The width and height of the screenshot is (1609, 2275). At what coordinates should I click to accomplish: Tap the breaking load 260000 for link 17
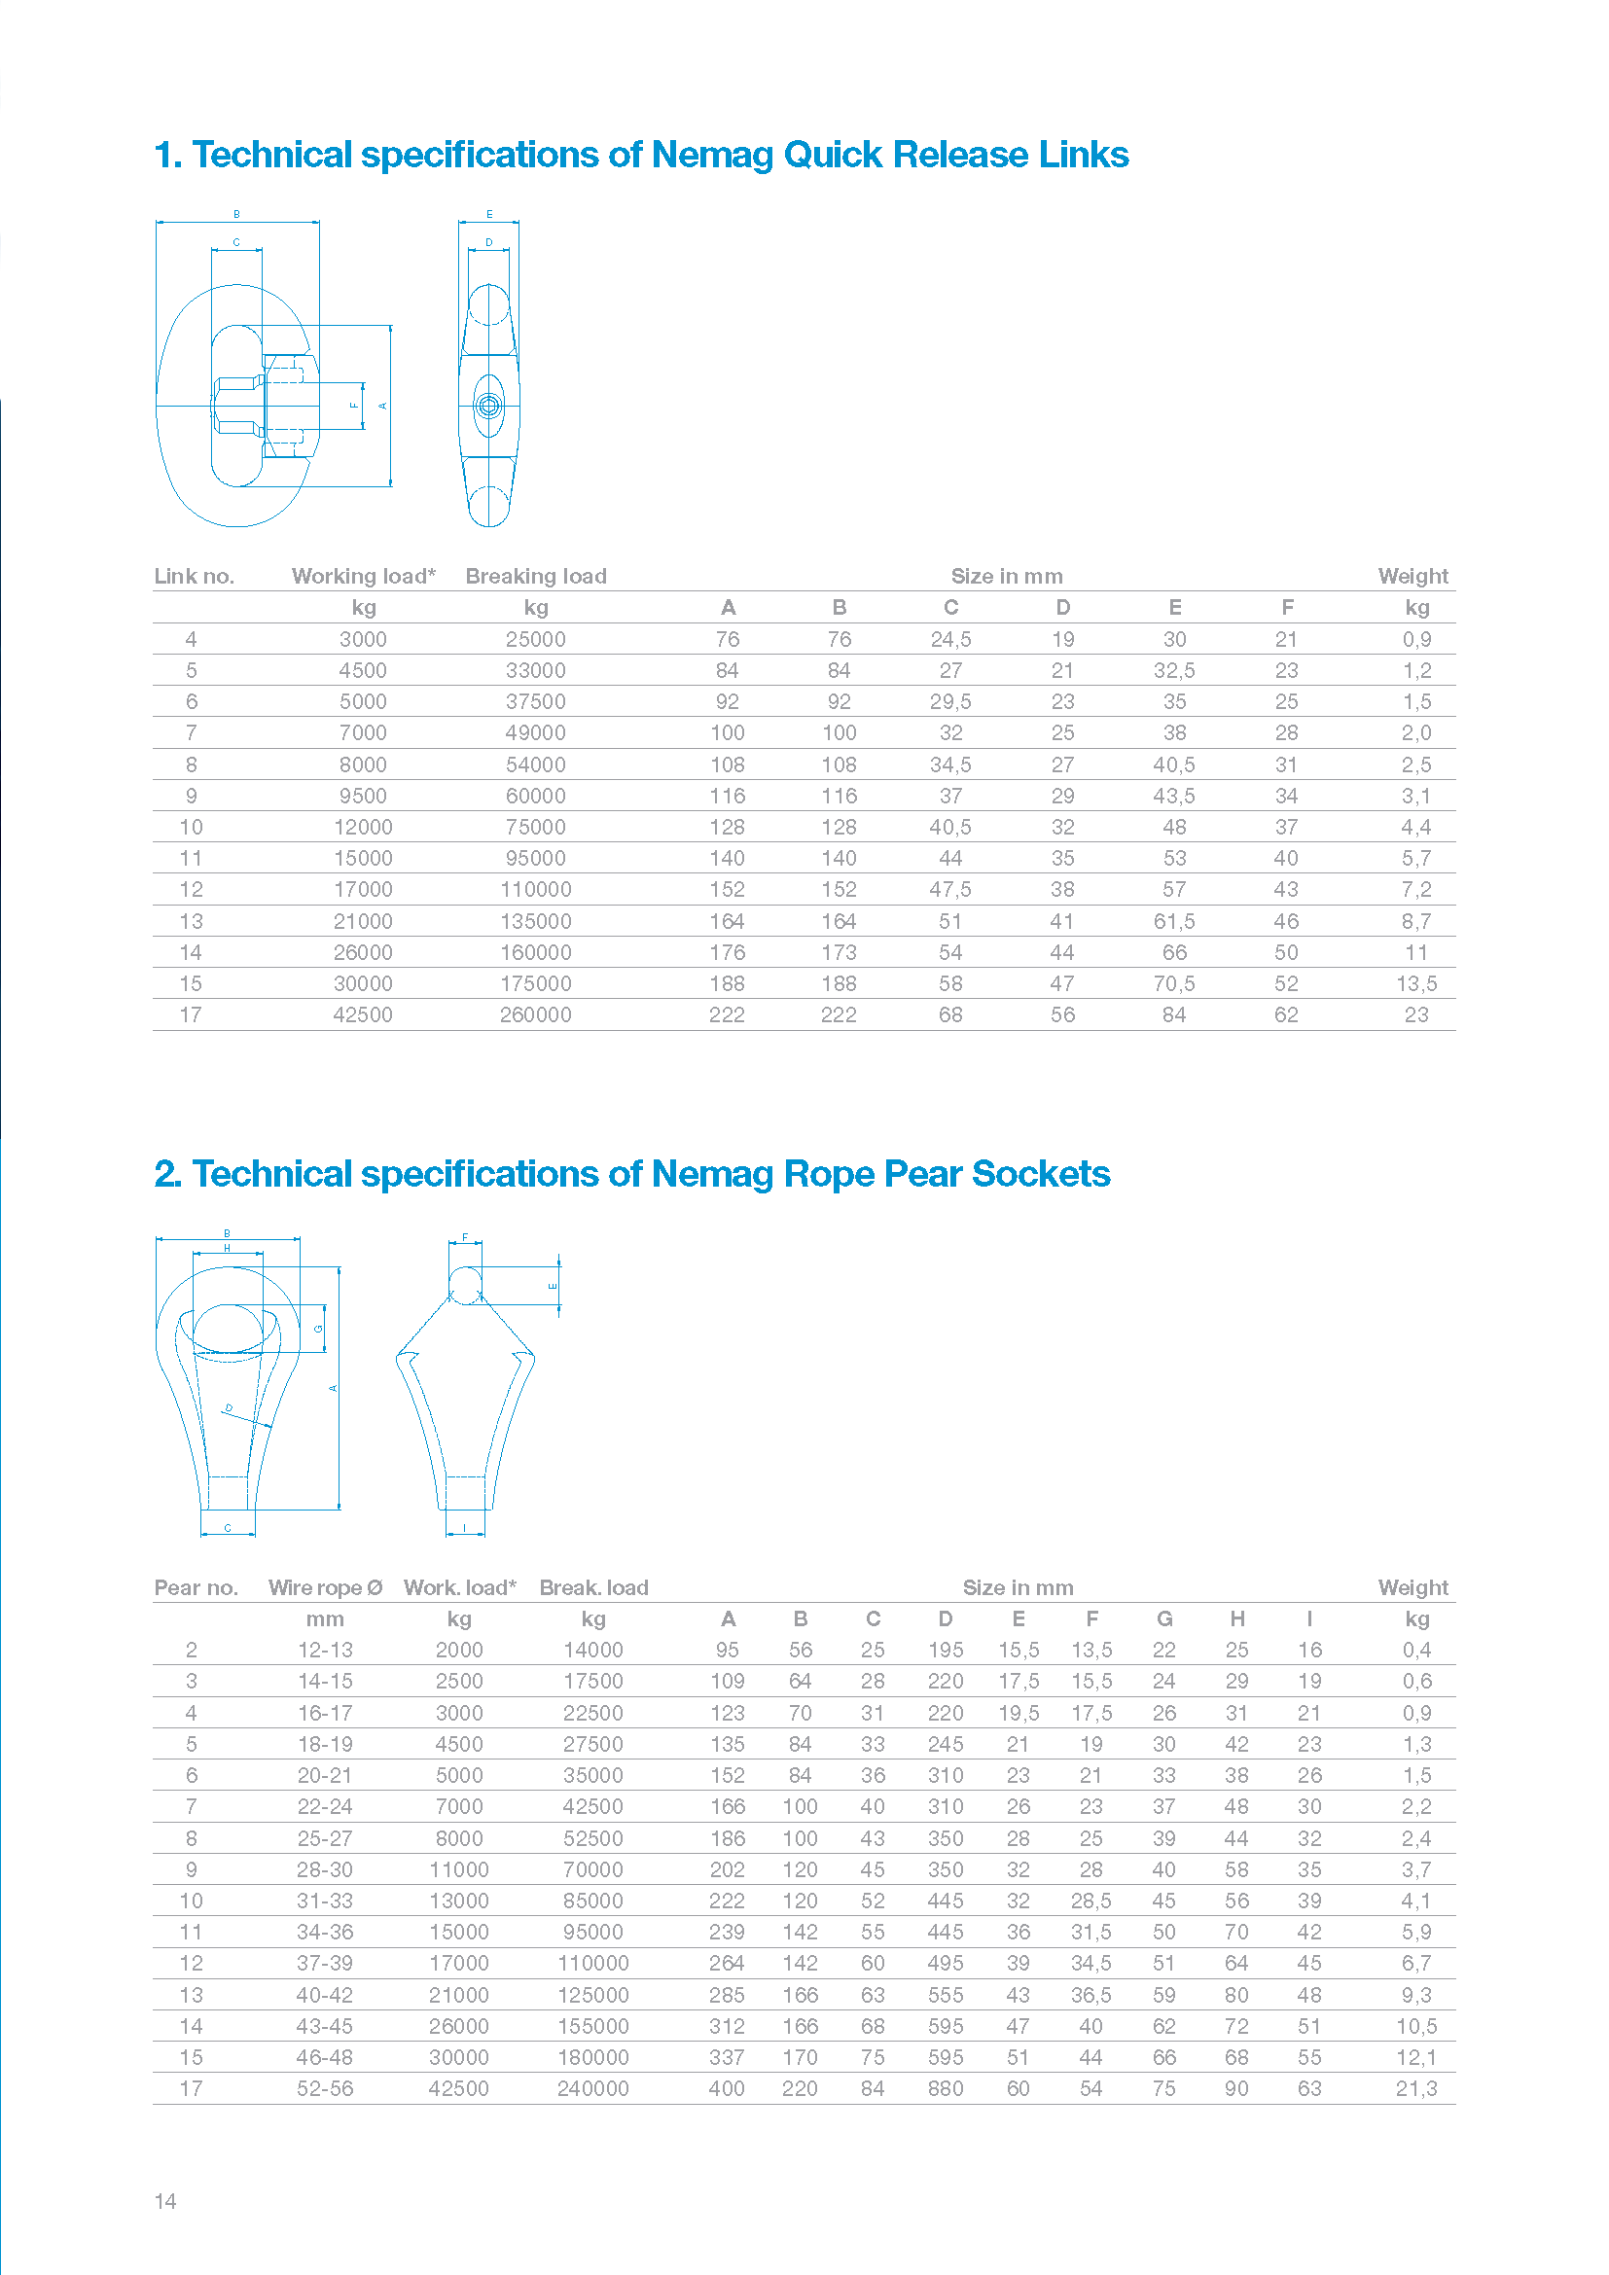click(x=535, y=1014)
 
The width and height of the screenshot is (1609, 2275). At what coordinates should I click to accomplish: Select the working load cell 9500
click(x=363, y=796)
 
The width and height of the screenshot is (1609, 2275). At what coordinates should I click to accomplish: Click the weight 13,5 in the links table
click(x=1415, y=984)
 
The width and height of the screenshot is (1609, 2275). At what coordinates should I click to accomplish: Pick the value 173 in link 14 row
click(x=839, y=952)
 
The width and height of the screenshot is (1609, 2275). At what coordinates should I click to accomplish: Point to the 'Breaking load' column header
click(x=536, y=577)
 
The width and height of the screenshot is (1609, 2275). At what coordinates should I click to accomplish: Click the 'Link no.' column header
click(x=195, y=577)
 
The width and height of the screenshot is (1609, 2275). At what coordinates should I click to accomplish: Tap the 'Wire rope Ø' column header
click(x=325, y=1587)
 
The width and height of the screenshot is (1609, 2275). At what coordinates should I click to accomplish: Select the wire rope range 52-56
click(x=324, y=2087)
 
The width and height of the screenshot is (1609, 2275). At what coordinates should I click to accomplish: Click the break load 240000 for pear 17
click(x=592, y=2087)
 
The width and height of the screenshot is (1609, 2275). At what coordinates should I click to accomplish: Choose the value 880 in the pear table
click(x=946, y=2087)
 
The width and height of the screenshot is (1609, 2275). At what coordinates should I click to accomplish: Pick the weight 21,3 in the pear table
click(x=1415, y=2087)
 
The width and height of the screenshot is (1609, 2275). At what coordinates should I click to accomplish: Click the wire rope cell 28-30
click(x=324, y=1868)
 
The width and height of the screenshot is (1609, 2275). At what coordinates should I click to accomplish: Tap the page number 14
click(x=165, y=2201)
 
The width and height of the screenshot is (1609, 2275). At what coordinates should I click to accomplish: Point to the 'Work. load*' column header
click(x=460, y=1587)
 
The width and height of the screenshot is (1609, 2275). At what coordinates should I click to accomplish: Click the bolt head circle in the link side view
click(x=488, y=406)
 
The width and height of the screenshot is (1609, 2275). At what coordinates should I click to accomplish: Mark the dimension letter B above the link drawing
click(x=236, y=214)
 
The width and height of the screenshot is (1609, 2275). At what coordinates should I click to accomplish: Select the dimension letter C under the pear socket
click(x=228, y=1528)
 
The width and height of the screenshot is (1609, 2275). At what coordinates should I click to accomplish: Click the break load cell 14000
click(x=592, y=1650)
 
